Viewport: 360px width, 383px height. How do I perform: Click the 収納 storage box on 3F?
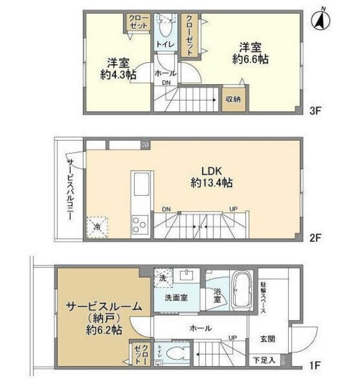pos(233,99)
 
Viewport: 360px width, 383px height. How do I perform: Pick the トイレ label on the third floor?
pos(164,44)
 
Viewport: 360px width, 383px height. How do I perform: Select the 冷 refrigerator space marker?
pos(97,227)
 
